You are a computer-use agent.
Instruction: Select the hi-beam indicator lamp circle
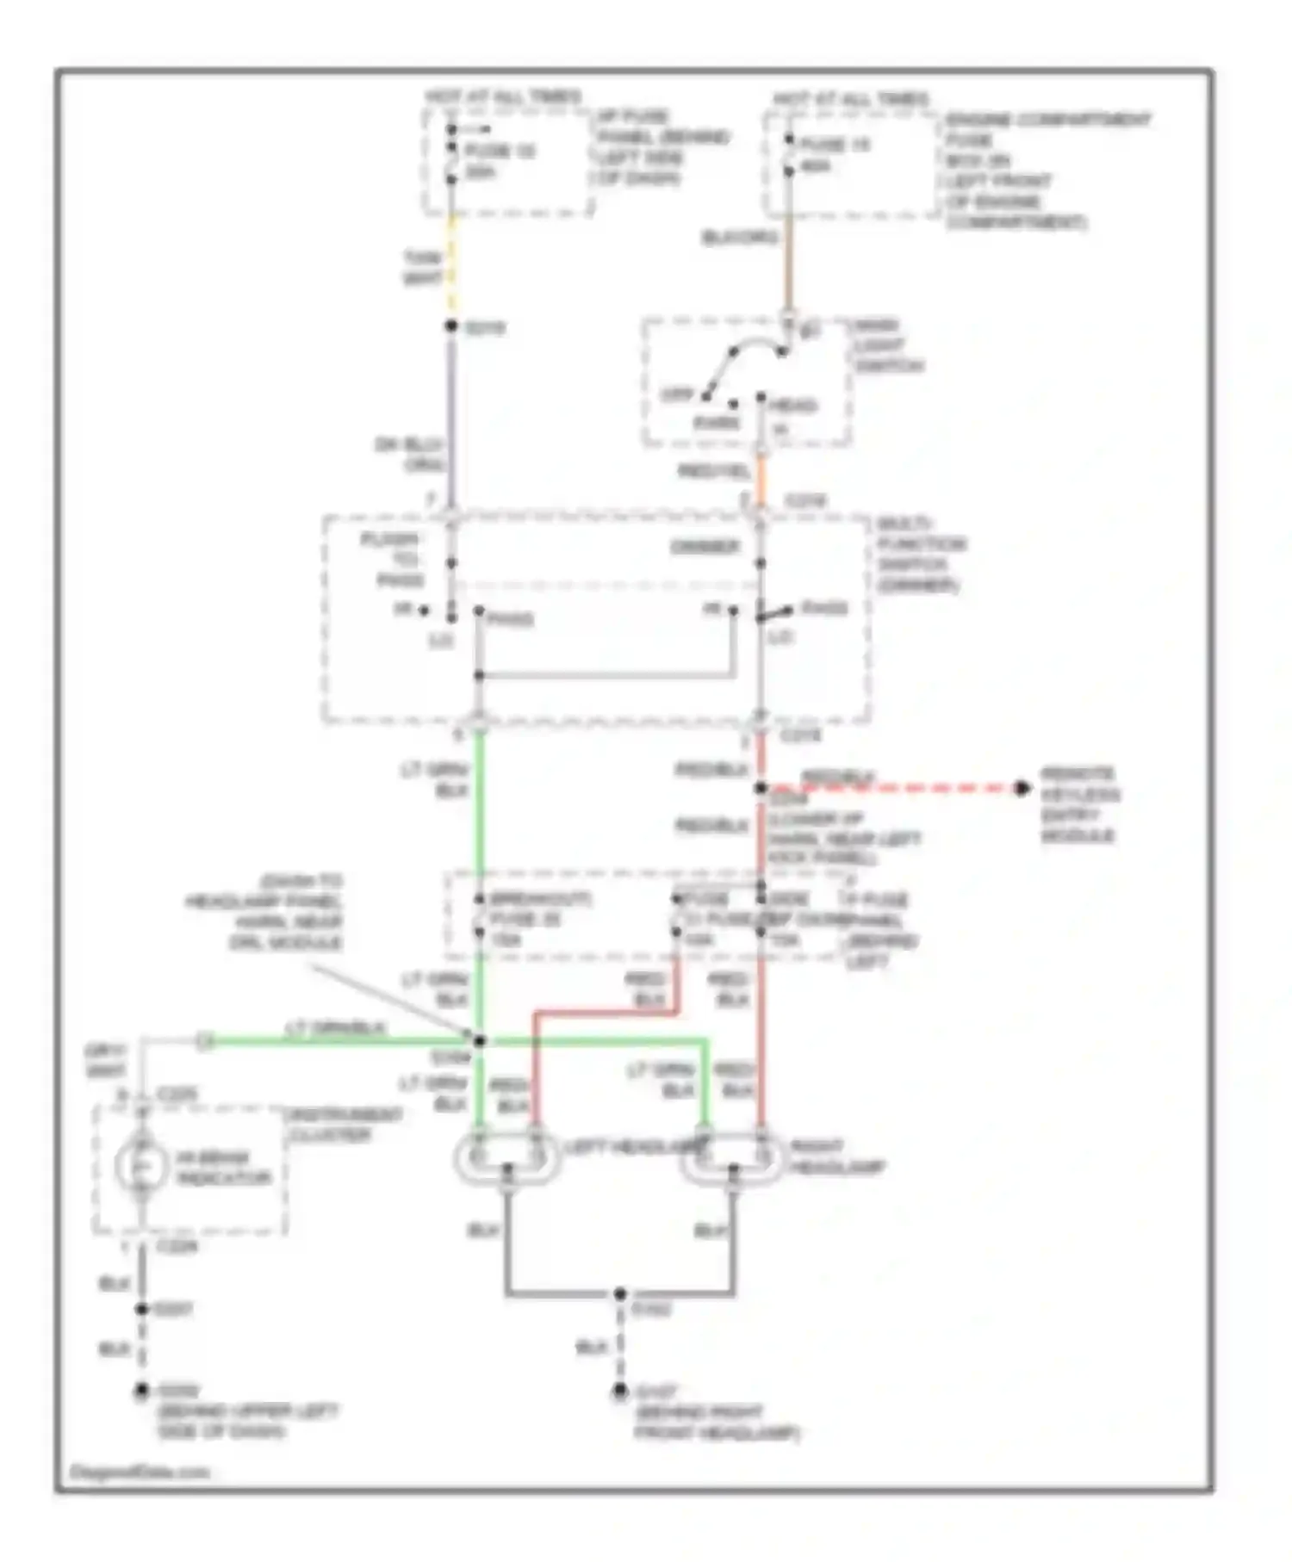(141, 1167)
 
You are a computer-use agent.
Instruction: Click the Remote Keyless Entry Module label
(1079, 804)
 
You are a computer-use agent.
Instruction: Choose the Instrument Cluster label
(344, 1125)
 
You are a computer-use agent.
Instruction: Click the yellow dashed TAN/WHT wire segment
(450, 267)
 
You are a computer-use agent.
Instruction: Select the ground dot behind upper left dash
(141, 1390)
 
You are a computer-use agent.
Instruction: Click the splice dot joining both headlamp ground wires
(619, 1293)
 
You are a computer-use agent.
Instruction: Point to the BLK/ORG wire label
(739, 238)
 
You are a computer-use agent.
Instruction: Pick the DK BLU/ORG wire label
(409, 455)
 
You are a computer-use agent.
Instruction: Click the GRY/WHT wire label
(105, 1061)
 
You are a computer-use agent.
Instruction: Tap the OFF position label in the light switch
(676, 395)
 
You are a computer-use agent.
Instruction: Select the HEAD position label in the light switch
(792, 405)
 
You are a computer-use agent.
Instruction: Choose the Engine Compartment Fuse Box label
(1047, 170)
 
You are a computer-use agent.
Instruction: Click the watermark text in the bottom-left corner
(140, 1472)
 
